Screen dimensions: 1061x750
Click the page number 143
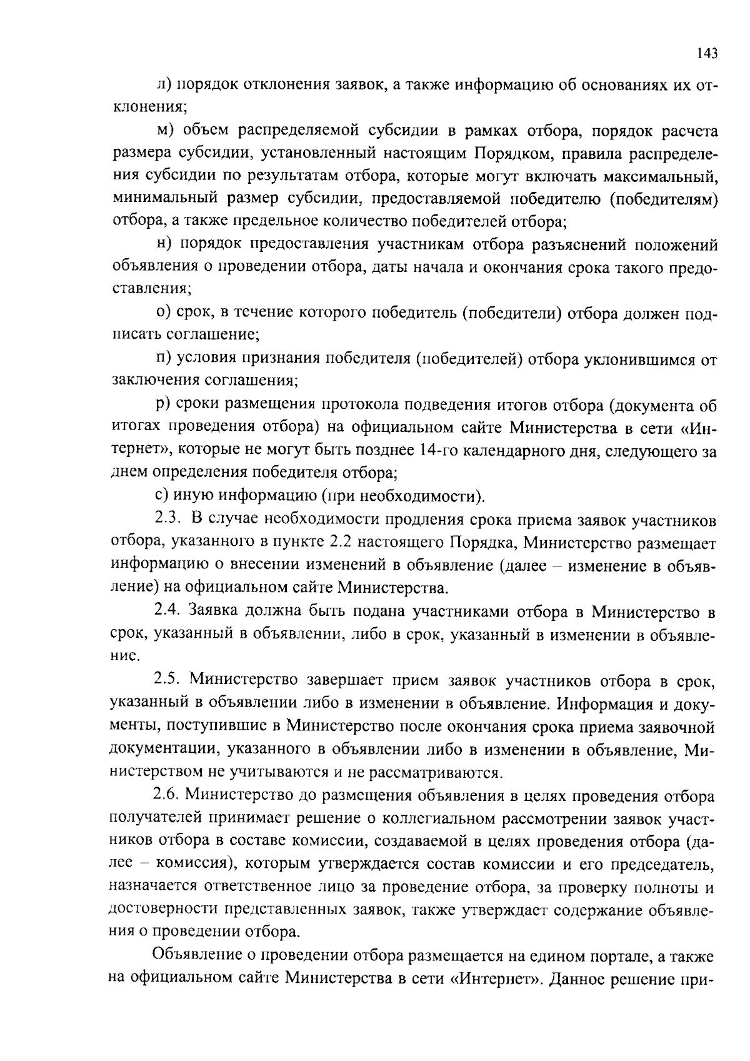pos(707,53)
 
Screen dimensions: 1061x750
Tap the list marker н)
pos(164,244)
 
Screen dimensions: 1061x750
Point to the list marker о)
pos(163,312)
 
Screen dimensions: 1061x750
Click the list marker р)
pos(163,405)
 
